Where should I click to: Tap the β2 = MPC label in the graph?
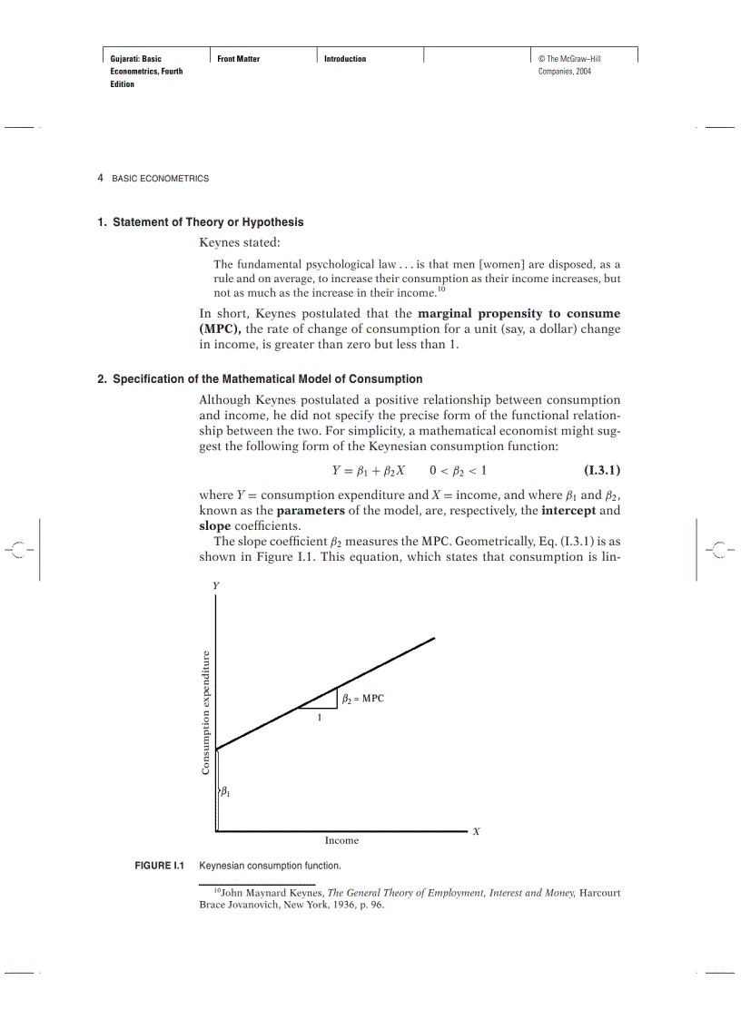(x=363, y=699)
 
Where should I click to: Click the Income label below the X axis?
(x=341, y=840)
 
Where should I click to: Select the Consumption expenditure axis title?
(x=206, y=712)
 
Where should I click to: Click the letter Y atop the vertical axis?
(x=216, y=586)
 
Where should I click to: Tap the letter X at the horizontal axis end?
(x=476, y=831)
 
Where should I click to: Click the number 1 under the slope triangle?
(x=319, y=718)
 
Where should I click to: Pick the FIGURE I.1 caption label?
(x=160, y=866)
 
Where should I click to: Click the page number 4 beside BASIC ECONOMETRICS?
(x=101, y=178)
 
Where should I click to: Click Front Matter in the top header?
(x=239, y=59)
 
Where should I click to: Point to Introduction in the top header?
(x=345, y=59)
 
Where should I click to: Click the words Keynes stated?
(x=240, y=242)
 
